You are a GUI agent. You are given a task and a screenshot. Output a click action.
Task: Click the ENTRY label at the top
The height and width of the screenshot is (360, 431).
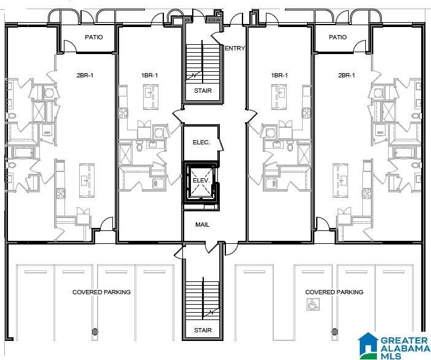coord(235,49)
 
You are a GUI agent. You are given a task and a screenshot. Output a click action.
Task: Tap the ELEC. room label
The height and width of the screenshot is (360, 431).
coord(201,143)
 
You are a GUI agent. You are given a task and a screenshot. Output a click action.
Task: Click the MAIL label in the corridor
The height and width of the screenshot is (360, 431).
coord(202,225)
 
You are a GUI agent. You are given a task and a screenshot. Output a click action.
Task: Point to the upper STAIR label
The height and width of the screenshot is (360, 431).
coord(203,91)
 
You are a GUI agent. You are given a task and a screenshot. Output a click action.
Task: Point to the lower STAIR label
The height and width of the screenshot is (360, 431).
coord(203,331)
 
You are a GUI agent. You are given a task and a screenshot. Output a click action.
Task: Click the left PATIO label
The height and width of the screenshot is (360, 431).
coord(93,37)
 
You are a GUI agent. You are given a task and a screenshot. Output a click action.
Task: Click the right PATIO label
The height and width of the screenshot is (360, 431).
coord(337,37)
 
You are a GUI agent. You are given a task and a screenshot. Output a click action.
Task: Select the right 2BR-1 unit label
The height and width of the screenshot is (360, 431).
coord(346,76)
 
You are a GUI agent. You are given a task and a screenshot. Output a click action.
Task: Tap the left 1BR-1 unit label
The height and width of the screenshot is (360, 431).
coord(149,76)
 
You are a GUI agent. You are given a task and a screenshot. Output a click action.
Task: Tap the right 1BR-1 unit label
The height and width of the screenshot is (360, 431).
coord(279,76)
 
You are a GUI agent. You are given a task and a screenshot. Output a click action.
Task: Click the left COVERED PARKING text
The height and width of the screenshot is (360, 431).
coord(101,292)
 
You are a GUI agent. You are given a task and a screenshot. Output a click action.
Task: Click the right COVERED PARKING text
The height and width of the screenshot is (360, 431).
coord(333,292)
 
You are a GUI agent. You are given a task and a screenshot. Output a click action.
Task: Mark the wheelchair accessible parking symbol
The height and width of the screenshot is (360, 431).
coord(313,303)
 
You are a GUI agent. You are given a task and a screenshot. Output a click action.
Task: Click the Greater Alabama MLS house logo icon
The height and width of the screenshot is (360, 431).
coord(370,345)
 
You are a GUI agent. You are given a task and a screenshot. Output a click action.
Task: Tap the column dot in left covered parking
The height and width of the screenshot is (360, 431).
coord(95,332)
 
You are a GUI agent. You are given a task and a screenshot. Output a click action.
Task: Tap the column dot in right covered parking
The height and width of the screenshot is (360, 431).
coord(335,332)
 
